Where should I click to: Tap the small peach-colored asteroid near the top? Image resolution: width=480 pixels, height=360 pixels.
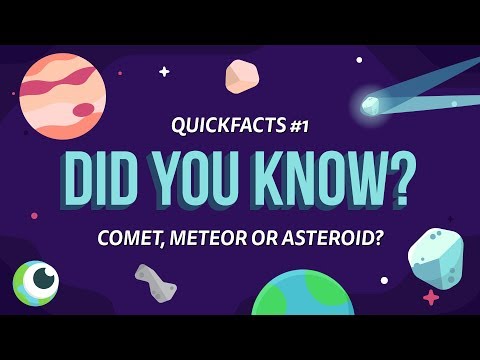pyautogui.click(x=242, y=76)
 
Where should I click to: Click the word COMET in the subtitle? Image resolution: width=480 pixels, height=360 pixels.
pyautogui.click(x=130, y=240)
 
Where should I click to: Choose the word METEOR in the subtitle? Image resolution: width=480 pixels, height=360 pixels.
pyautogui.click(x=208, y=240)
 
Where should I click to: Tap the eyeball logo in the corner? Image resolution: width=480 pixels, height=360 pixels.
pyautogui.click(x=37, y=281)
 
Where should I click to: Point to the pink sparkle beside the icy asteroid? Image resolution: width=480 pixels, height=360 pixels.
pyautogui.click(x=431, y=297)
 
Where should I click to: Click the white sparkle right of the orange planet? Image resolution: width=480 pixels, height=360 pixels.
pyautogui.click(x=164, y=71)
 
